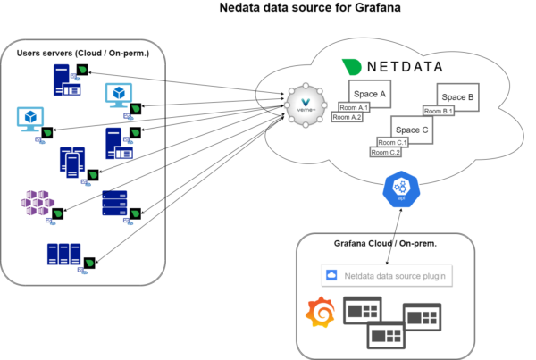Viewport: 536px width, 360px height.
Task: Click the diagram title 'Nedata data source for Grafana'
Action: [x=299, y=9]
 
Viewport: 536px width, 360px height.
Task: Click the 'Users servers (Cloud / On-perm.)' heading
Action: [x=82, y=54]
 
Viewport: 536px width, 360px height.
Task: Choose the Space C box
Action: [x=414, y=130]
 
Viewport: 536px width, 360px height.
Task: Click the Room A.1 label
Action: [x=355, y=107]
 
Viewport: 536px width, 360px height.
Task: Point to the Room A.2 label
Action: [x=348, y=117]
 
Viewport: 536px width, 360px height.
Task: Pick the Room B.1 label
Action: [x=440, y=111]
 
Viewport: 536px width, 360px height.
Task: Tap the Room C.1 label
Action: [x=392, y=143]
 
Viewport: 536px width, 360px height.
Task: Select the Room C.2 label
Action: [x=385, y=153]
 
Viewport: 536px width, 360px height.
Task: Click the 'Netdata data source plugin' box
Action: [x=387, y=276]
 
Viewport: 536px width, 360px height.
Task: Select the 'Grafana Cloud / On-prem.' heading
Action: [x=390, y=244]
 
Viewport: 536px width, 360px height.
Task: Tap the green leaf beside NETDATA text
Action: [x=353, y=66]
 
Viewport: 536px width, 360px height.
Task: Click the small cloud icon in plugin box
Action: [x=332, y=276]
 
